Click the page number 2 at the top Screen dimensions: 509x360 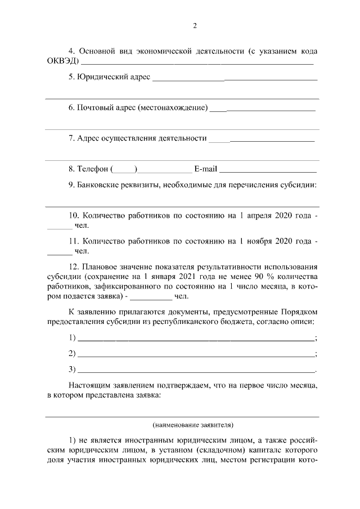pos(195,26)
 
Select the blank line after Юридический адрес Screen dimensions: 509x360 pos(235,78)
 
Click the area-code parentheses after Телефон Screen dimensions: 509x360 pos(124,169)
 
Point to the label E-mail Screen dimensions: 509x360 pos(205,169)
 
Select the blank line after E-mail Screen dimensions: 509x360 pos(268,170)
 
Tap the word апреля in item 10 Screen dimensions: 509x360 pos(263,215)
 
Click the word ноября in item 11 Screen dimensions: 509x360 pos(263,241)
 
